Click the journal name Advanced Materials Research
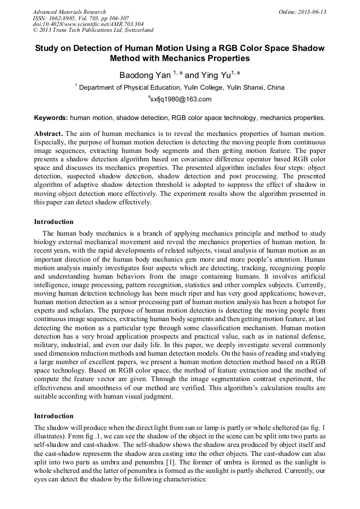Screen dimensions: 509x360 point(70,12)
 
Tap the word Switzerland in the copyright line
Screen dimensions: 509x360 point(137,30)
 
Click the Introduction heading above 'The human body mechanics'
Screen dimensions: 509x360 point(54,222)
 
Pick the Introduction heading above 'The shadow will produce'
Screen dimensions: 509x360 point(54,416)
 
